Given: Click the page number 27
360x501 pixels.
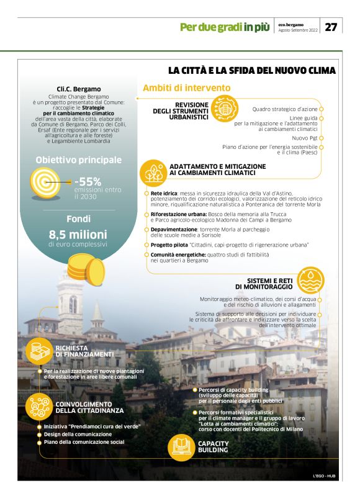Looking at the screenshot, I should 331,27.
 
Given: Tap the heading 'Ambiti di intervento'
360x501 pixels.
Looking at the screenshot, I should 187,88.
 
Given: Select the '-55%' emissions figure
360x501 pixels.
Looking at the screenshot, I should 88,181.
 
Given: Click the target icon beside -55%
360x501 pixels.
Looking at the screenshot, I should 45,184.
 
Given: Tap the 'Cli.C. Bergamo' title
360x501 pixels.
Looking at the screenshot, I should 78,89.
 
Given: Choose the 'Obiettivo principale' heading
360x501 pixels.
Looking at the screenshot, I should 78,160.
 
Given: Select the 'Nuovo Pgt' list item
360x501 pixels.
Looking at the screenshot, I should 305,137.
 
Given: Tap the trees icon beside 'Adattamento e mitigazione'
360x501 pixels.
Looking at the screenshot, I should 151,171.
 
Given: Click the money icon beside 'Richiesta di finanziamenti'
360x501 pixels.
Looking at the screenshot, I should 37,352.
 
